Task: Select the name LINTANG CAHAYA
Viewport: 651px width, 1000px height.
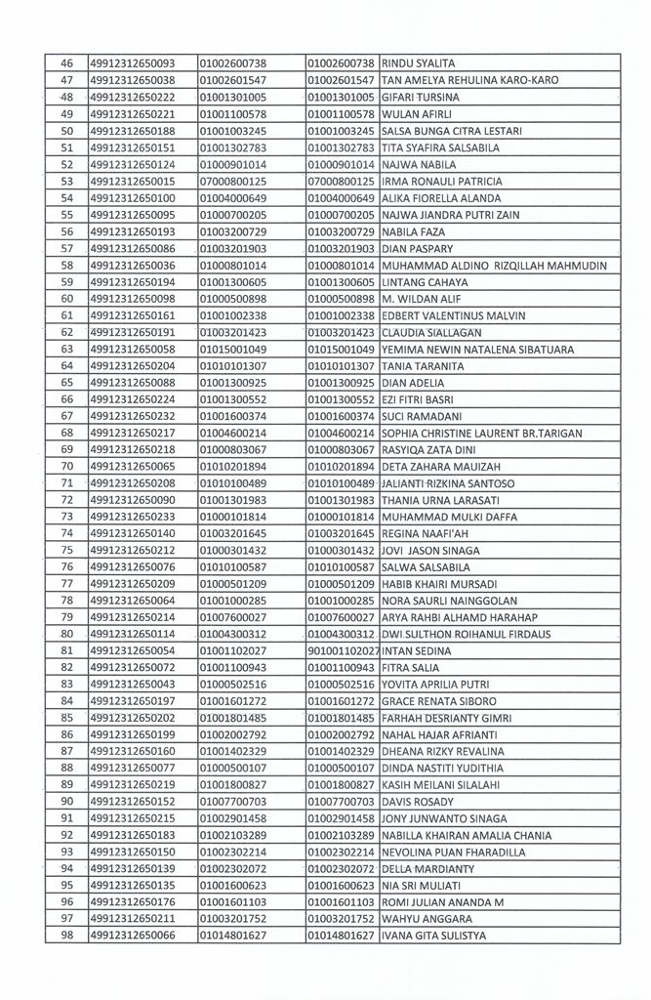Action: [x=426, y=281]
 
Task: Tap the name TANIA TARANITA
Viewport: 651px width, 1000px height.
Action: [x=425, y=365]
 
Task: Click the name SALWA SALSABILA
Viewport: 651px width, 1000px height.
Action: [x=427, y=566]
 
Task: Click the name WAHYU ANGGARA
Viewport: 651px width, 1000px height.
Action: [x=424, y=919]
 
